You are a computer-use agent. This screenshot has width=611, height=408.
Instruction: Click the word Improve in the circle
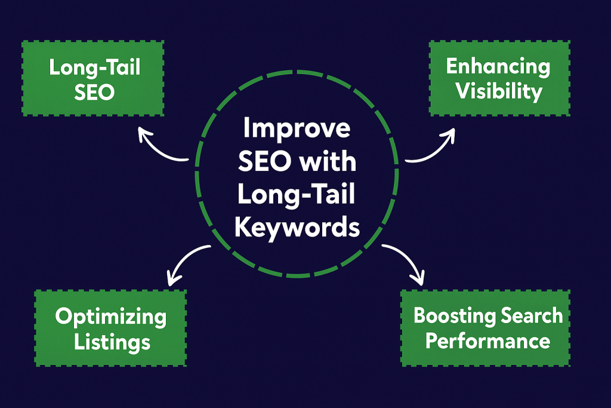[297, 130]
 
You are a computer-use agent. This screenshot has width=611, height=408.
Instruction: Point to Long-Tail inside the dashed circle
[297, 195]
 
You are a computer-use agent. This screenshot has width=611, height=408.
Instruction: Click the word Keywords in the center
[297, 228]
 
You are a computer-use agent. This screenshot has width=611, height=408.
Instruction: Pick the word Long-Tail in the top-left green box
[94, 68]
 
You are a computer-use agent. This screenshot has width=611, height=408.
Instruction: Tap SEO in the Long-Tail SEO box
[94, 93]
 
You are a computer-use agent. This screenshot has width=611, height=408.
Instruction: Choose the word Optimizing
[110, 317]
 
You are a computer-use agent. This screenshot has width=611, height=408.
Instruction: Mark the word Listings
[110, 342]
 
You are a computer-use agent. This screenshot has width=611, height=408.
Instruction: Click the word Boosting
[448, 315]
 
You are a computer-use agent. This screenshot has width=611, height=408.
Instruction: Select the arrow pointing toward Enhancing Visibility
[433, 148]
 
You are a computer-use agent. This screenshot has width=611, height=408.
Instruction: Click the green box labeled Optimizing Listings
[110, 328]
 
